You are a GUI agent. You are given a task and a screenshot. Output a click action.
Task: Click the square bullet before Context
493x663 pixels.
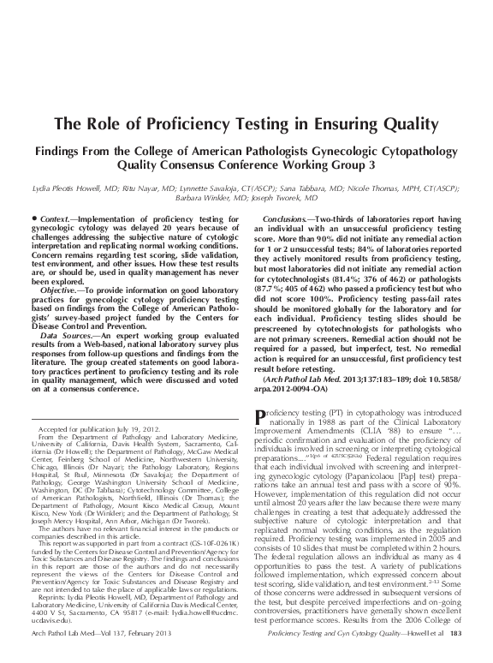[33, 220]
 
